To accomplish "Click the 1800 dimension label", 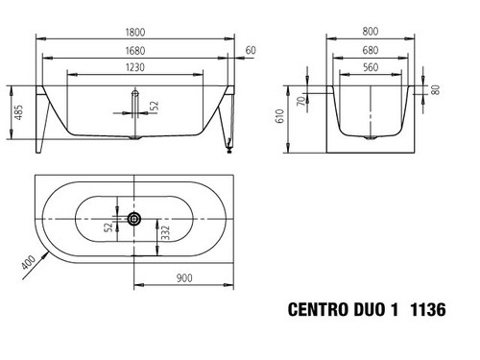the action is pos(135,33).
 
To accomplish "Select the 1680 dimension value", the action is pos(135,51).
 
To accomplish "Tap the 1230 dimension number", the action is pos(135,67).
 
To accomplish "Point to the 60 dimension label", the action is pos(251,50).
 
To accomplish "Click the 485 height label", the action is pos(19,112).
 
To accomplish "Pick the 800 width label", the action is pos(371,32).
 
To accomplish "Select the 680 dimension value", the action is pos(371,50).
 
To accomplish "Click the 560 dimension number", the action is pos(371,67).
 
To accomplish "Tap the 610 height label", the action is pos(280,116).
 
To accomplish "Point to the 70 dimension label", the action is pos(301,102).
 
